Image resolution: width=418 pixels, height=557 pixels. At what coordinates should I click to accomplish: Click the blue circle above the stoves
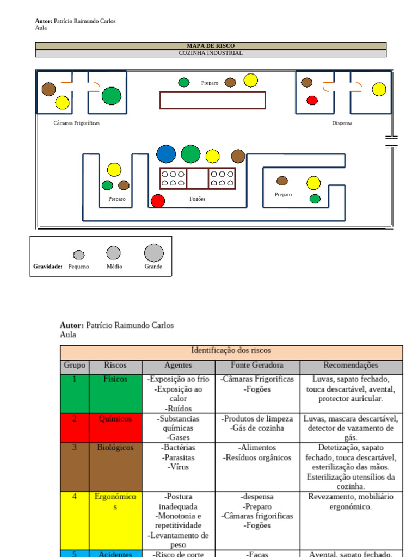166,154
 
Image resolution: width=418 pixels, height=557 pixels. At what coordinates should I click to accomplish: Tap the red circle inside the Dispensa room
312,100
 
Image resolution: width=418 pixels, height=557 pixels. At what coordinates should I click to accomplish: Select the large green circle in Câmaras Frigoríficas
111,96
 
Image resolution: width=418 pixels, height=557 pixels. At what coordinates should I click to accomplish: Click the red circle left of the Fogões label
158,201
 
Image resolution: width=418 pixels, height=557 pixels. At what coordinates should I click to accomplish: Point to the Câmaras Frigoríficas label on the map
76,123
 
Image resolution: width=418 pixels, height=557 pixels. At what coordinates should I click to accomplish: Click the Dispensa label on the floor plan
342,123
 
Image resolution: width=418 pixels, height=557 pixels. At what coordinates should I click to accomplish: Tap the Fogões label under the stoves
197,199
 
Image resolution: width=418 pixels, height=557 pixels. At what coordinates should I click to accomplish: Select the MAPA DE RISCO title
211,46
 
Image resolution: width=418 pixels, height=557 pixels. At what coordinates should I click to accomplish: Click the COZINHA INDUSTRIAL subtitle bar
211,53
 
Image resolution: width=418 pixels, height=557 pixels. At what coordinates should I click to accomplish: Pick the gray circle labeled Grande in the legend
153,253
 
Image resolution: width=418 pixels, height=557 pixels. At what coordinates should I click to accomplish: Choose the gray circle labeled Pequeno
79,255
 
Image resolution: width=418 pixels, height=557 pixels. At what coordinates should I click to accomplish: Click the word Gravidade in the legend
47,267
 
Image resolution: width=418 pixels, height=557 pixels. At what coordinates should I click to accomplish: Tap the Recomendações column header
351,366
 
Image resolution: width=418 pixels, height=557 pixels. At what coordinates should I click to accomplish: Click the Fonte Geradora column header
257,366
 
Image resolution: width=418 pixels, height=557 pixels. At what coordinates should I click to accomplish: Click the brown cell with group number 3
74,466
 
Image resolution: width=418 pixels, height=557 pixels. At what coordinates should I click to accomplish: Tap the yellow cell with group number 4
74,520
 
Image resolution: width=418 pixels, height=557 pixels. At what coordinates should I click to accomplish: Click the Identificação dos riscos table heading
231,351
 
